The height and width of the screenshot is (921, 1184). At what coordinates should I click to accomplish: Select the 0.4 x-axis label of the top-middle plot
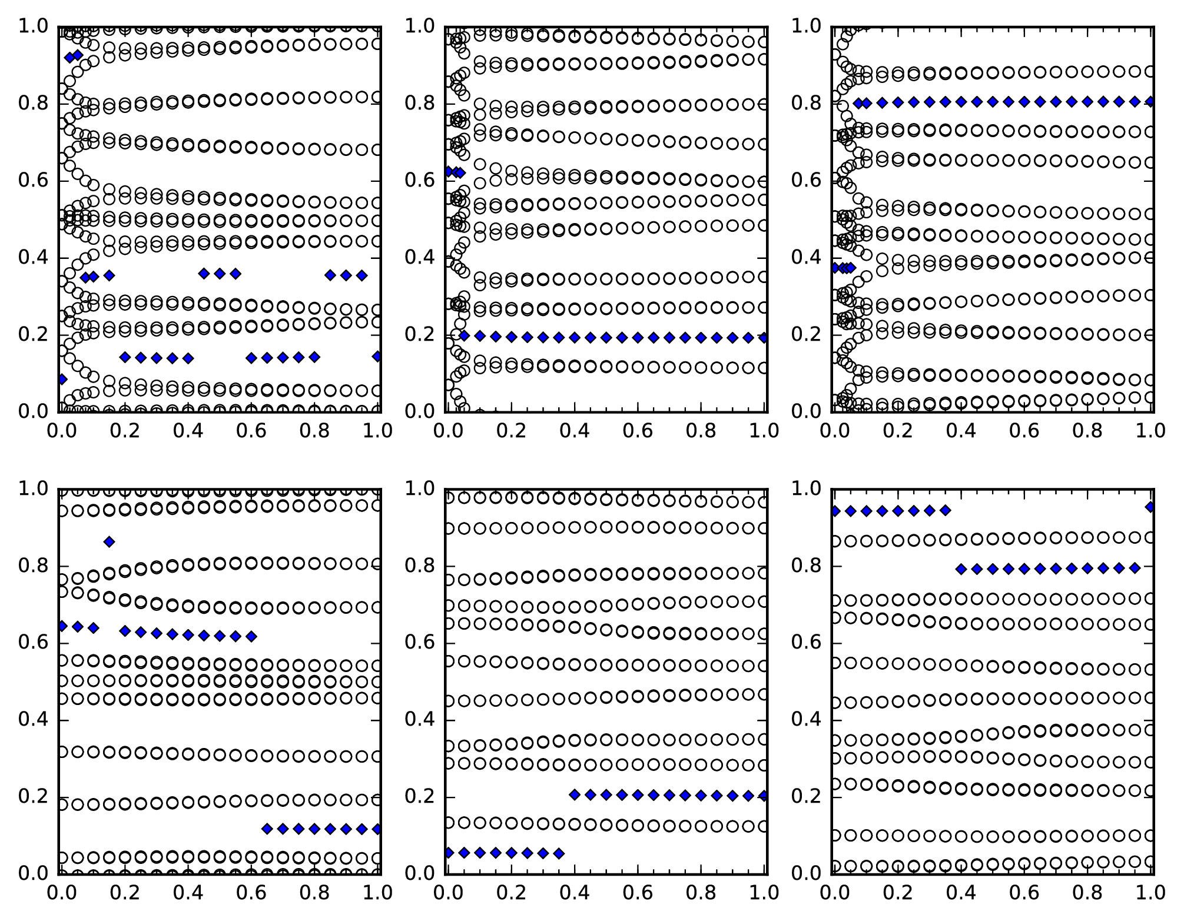click(x=574, y=431)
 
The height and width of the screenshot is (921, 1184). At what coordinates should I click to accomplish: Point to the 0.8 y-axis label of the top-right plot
click(x=805, y=104)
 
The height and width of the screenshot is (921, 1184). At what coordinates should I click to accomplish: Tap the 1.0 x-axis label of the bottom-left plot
click(x=377, y=893)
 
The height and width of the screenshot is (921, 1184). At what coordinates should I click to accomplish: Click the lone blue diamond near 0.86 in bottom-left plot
click(x=109, y=542)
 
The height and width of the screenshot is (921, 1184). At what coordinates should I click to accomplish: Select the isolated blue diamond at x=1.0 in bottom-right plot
click(x=1151, y=507)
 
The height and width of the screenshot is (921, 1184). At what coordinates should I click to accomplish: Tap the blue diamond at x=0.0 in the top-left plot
click(x=62, y=379)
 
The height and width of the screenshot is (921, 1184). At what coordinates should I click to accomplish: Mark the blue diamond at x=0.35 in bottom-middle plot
click(x=559, y=853)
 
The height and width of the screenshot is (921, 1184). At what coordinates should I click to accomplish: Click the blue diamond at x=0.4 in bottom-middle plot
click(x=575, y=794)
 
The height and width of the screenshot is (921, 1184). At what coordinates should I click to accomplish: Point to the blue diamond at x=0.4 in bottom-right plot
click(x=961, y=569)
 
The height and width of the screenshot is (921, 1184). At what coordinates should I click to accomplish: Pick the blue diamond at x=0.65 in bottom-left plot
click(x=267, y=829)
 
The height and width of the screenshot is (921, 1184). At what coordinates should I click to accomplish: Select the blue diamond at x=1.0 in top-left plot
click(x=377, y=356)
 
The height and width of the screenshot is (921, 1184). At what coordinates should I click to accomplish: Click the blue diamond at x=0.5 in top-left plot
click(x=220, y=273)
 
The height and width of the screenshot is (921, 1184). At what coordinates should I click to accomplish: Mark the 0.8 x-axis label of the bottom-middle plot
click(x=701, y=893)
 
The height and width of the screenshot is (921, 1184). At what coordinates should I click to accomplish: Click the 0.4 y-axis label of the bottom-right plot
click(x=805, y=720)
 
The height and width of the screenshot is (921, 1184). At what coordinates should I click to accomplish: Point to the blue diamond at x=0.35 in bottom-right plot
click(x=945, y=511)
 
